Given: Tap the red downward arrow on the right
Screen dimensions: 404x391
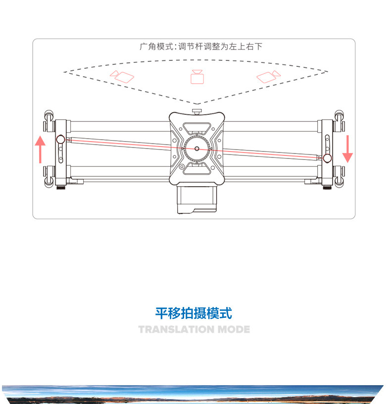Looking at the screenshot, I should click(347, 148).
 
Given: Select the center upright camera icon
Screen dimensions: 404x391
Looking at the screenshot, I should click(197, 77).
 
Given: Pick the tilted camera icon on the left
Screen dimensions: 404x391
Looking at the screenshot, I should click(122, 77).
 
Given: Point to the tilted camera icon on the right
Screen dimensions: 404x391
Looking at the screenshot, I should click(268, 76).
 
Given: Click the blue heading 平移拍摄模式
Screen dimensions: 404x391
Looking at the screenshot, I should click(194, 313).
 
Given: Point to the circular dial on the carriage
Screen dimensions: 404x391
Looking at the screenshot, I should click(196, 148).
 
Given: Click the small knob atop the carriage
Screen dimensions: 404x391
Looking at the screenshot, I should click(197, 110).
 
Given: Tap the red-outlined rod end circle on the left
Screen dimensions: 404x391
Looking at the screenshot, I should click(60, 139).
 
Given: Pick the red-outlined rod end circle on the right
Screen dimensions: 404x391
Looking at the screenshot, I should click(327, 158).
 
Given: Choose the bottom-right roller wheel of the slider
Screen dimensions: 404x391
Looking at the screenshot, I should click(340, 180).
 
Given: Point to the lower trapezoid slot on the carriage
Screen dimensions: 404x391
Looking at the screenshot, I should click(196, 170).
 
